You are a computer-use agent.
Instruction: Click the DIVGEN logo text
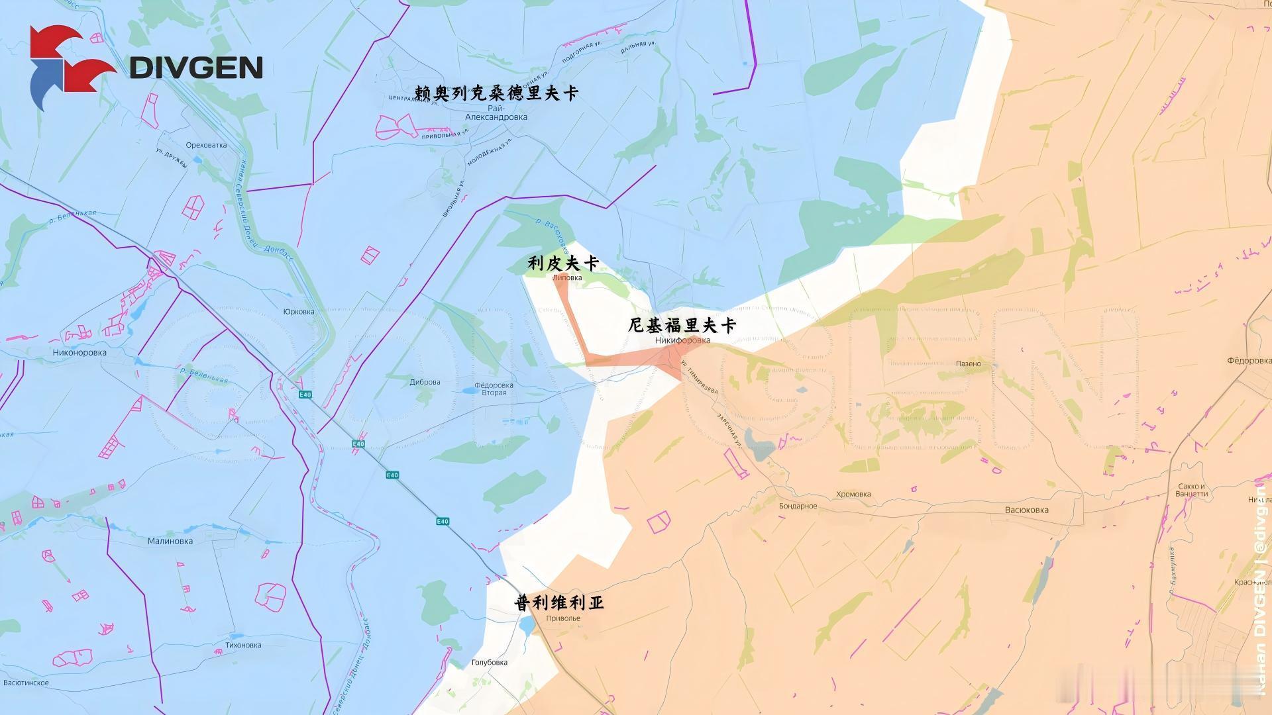pos(196,68)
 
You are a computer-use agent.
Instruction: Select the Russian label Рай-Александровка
pos(496,113)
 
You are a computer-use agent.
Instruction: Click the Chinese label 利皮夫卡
pos(563,264)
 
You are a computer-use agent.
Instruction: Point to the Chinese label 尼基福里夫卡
pos(682,326)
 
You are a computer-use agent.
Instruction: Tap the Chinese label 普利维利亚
pos(559,603)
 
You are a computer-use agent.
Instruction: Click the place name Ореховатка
pos(206,145)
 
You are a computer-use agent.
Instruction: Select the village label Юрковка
pos(299,312)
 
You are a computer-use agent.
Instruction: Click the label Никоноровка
pos(79,353)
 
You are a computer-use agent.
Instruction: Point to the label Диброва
pos(425,382)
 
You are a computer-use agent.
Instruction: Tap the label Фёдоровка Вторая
pos(494,389)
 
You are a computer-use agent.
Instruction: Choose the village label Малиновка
pos(170,541)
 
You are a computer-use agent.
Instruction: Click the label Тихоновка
pos(243,645)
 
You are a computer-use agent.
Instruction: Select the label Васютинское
pos(26,683)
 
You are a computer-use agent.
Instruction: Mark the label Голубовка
pos(489,663)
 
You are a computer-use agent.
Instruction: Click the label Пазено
pos(969,364)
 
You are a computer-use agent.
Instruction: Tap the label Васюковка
pos(1027,510)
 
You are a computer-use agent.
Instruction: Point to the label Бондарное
pos(798,506)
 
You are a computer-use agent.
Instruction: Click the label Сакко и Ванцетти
pos(1191,490)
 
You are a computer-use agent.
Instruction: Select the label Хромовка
pos(853,495)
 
